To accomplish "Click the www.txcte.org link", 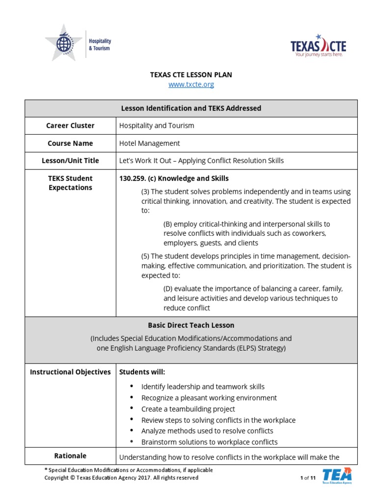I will pyautogui.click(x=191, y=84).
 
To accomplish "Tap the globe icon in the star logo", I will pyautogui.click(x=64, y=43).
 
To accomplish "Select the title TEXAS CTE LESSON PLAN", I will pyautogui.click(x=191, y=75).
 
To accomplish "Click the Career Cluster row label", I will pyautogui.click(x=70, y=126).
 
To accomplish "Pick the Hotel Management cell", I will pyautogui.click(x=150, y=143).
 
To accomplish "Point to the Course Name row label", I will pyautogui.click(x=70, y=143).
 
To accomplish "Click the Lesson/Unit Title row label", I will pyautogui.click(x=70, y=161).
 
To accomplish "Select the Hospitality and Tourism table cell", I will pyautogui.click(x=157, y=126).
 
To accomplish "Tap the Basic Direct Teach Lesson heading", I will pyautogui.click(x=191, y=325).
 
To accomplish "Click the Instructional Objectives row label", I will pyautogui.click(x=70, y=372).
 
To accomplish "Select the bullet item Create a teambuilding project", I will pyautogui.click(x=188, y=409).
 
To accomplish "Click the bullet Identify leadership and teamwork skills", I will pyautogui.click(x=203, y=387).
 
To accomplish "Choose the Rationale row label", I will pyautogui.click(x=70, y=456).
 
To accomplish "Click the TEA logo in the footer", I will pyautogui.click(x=337, y=476).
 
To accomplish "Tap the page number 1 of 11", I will pyautogui.click(x=307, y=478).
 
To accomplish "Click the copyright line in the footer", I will pyautogui.click(x=121, y=477).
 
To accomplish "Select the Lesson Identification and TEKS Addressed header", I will pyautogui.click(x=191, y=108).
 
